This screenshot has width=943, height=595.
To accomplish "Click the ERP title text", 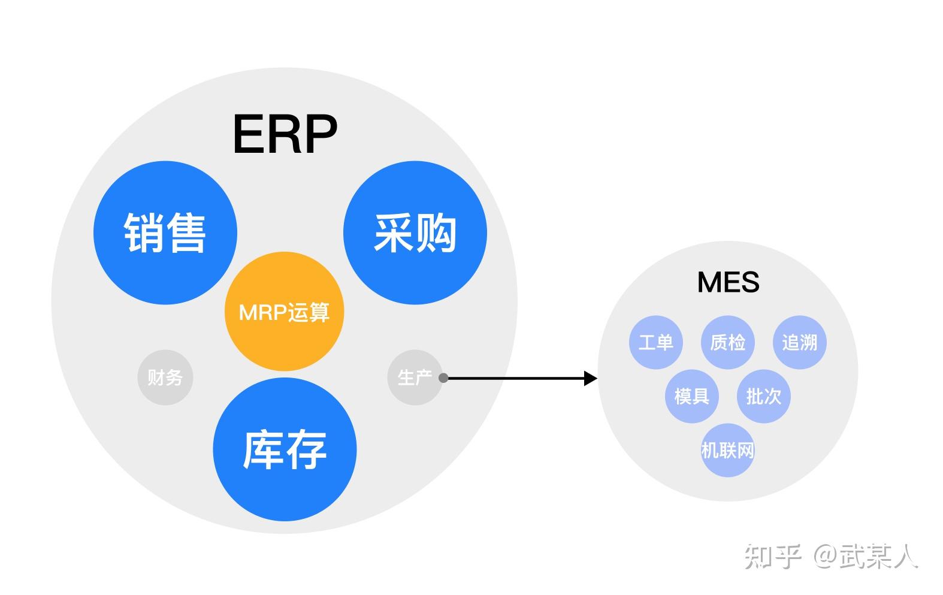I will (285, 135).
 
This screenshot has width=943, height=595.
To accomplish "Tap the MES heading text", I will (728, 282).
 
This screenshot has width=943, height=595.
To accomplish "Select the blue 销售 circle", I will (165, 232).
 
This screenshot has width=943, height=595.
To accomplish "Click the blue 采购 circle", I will (415, 232).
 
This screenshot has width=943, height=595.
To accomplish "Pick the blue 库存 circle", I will (285, 449).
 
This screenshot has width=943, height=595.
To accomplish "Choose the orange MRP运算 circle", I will (284, 312).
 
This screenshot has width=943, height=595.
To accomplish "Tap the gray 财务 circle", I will (165, 377).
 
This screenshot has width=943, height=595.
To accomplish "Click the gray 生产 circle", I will (414, 377).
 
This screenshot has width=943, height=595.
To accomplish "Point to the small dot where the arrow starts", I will (443, 378).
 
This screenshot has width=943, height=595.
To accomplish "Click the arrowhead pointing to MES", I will (591, 378).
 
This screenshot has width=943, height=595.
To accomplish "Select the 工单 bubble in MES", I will (655, 343).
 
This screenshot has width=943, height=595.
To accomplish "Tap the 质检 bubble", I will (727, 343).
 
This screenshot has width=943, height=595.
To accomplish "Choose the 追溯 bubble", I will (799, 343).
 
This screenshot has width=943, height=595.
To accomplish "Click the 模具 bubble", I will (691, 396).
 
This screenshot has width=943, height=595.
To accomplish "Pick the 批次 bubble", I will (763, 396).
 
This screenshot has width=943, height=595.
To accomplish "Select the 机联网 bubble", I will (727, 450).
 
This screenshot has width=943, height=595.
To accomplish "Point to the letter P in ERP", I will (321, 135).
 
